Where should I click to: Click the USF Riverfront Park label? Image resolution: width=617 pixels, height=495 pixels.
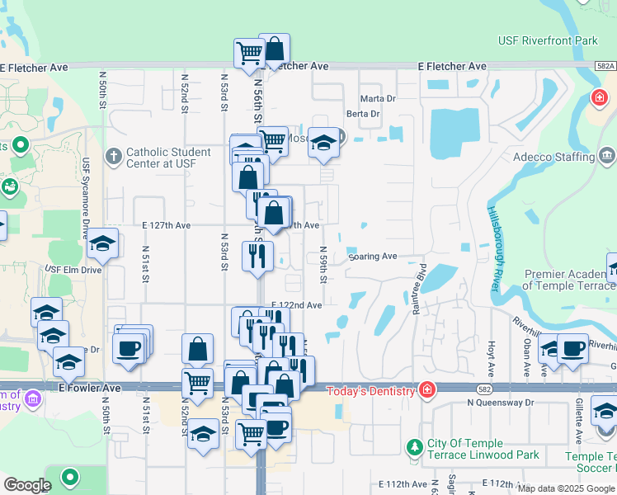[548, 40]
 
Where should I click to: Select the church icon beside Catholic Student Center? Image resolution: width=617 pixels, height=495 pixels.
[114, 155]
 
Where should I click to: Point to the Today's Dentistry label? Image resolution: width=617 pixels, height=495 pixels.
[371, 390]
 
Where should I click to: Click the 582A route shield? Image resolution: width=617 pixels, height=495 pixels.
[605, 66]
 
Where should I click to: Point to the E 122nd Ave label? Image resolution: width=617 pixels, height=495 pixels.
[295, 305]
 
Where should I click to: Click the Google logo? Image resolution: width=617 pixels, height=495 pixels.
[27, 485]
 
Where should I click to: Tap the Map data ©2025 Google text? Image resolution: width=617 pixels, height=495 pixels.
[566, 488]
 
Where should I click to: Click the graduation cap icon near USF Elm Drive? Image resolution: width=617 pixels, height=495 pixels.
[102, 243]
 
